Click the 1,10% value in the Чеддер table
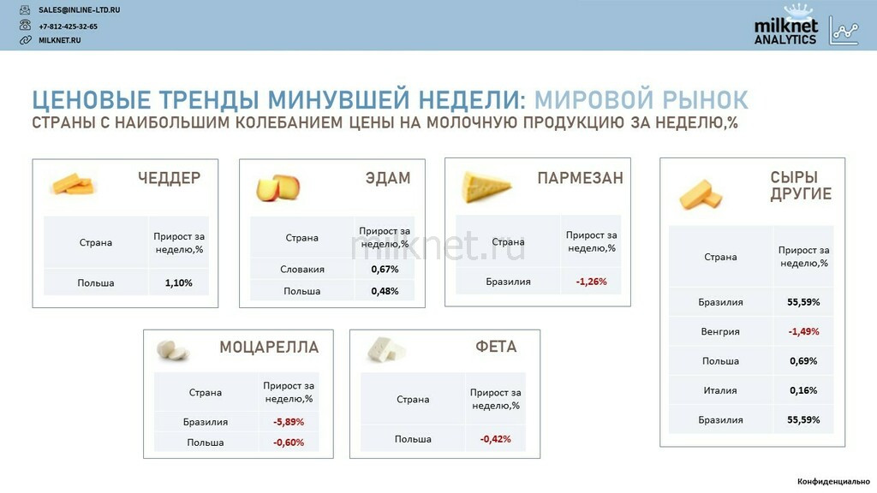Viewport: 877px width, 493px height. coord(178,282)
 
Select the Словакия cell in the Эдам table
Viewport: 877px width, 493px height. coord(302,270)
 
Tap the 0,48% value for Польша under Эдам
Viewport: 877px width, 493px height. coord(385,291)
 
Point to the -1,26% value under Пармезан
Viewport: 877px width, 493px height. coord(591,282)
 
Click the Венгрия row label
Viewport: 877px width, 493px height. coord(720,331)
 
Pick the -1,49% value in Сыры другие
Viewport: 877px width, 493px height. coord(803,331)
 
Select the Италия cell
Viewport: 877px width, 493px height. coord(720,390)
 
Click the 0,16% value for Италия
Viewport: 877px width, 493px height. coord(803,390)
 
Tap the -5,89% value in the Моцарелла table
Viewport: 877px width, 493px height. coord(289,422)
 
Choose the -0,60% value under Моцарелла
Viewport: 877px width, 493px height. coord(289,443)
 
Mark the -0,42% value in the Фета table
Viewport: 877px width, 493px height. coord(496,439)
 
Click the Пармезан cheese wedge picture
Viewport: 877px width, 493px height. coord(486,187)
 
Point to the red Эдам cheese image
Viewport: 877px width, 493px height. coord(278,187)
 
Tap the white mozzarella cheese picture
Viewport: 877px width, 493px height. coord(173,350)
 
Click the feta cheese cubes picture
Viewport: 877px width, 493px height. coord(386,349)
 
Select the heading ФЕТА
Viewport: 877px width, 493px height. coord(496,347)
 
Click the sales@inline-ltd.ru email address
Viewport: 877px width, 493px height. coord(79,10)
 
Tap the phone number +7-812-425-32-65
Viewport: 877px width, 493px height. coord(68,27)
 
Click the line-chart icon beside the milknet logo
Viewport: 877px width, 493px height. coord(844,30)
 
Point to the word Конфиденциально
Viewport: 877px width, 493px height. coord(833,481)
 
